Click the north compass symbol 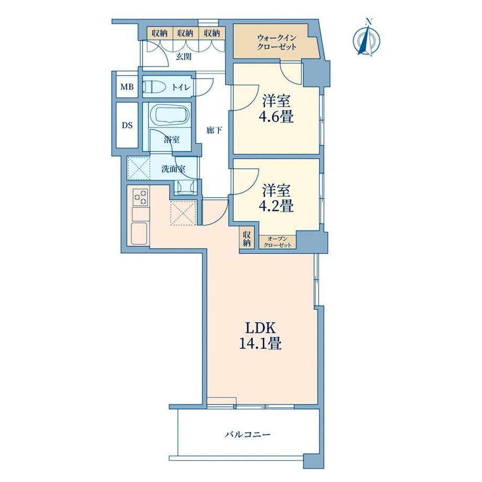pyautogui.click(x=367, y=38)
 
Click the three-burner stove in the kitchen pyautogui.click(x=140, y=197)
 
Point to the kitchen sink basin pyautogui.click(x=139, y=233)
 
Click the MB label pyautogui.click(x=127, y=87)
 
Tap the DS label pyautogui.click(x=127, y=125)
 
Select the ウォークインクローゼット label pyautogui.click(x=277, y=42)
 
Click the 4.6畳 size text pyautogui.click(x=278, y=117)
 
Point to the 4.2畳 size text pyautogui.click(x=278, y=206)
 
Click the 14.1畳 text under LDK pyautogui.click(x=260, y=343)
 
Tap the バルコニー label pyautogui.click(x=248, y=434)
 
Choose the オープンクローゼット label pyautogui.click(x=278, y=242)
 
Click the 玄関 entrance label pyautogui.click(x=184, y=57)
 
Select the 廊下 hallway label pyautogui.click(x=214, y=130)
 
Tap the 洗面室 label pyautogui.click(x=173, y=169)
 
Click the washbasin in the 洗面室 pyautogui.click(x=185, y=186)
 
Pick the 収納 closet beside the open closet pyautogui.click(x=247, y=238)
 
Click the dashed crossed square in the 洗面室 pyautogui.click(x=139, y=168)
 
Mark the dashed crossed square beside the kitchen pyautogui.click(x=183, y=213)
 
